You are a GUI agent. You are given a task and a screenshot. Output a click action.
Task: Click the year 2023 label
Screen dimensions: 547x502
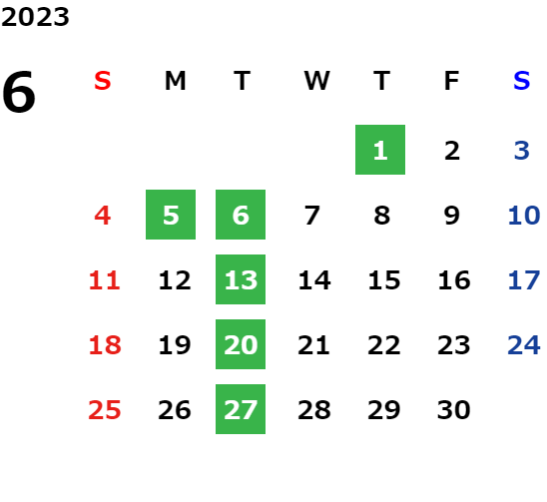(35, 17)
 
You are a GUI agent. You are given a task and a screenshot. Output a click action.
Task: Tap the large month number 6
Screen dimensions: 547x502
(19, 92)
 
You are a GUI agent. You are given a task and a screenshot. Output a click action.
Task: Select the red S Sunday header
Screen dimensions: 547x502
(103, 81)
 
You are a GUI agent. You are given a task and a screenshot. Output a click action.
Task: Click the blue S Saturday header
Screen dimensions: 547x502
(522, 81)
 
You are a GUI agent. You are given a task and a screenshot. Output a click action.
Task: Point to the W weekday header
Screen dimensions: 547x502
(316, 81)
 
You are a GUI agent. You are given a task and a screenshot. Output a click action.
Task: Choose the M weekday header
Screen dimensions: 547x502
(175, 81)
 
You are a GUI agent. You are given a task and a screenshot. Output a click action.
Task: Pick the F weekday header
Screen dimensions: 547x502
(452, 81)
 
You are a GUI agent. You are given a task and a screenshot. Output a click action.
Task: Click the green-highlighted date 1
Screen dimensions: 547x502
(380, 150)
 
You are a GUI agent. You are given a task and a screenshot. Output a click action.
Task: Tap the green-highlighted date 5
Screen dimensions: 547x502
(171, 215)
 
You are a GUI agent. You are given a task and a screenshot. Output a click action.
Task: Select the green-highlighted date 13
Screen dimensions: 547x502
(241, 279)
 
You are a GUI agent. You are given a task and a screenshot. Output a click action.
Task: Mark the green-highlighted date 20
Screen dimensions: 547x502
(241, 344)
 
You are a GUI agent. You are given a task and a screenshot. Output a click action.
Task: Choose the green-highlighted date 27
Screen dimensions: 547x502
(241, 409)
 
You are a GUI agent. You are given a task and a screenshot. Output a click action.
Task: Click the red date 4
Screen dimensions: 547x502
(103, 215)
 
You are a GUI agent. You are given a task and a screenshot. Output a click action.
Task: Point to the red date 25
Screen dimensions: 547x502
(105, 409)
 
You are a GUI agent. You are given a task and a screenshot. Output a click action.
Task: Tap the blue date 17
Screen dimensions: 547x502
(524, 279)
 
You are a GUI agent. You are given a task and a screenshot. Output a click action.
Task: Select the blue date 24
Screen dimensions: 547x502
(524, 344)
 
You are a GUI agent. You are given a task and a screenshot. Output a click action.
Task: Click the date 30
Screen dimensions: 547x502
(454, 409)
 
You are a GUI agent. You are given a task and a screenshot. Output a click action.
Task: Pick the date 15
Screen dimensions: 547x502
(384, 279)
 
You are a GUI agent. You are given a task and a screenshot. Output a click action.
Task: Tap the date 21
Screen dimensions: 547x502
(313, 344)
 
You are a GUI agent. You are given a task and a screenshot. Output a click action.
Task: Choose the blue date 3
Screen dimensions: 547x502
(522, 151)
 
